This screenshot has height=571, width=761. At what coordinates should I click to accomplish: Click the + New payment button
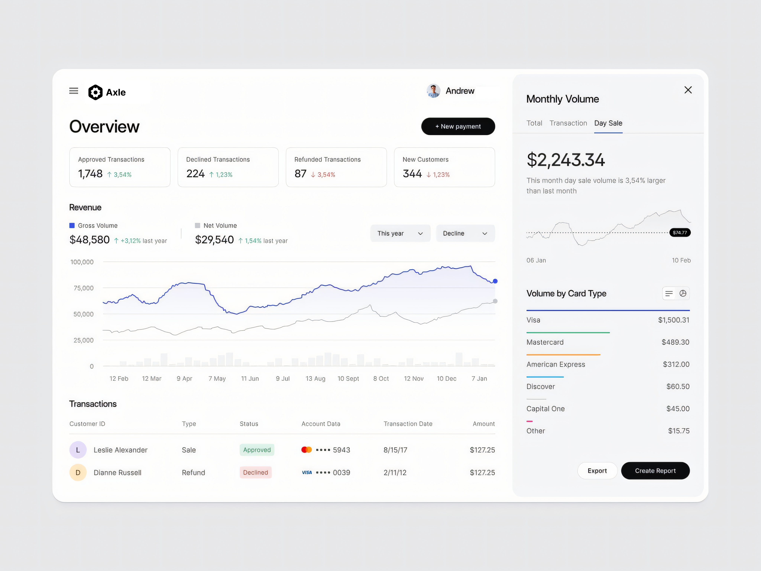[x=458, y=126]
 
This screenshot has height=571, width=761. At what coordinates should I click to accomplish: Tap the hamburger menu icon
[x=74, y=91]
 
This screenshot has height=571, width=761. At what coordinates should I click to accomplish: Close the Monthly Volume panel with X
[x=688, y=90]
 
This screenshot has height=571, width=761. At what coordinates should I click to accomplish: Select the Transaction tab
[x=568, y=123]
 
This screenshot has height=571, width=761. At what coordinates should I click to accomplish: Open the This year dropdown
[x=400, y=233]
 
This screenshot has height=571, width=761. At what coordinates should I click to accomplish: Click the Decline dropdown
[x=465, y=233]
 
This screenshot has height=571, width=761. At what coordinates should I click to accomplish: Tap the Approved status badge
[x=257, y=450]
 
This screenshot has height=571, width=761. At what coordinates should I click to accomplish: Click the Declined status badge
[x=255, y=472]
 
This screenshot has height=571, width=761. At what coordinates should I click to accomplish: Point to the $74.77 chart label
[x=680, y=233]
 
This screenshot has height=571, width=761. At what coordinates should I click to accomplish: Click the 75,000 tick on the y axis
[x=84, y=288]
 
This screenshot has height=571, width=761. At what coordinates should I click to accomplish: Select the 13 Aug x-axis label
[x=315, y=379]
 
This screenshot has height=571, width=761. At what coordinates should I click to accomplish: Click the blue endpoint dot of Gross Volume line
[x=495, y=281]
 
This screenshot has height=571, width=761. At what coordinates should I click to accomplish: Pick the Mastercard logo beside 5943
[x=306, y=450]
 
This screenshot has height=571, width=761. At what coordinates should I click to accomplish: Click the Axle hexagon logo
[x=95, y=92]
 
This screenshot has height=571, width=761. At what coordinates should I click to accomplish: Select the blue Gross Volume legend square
[x=72, y=225]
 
